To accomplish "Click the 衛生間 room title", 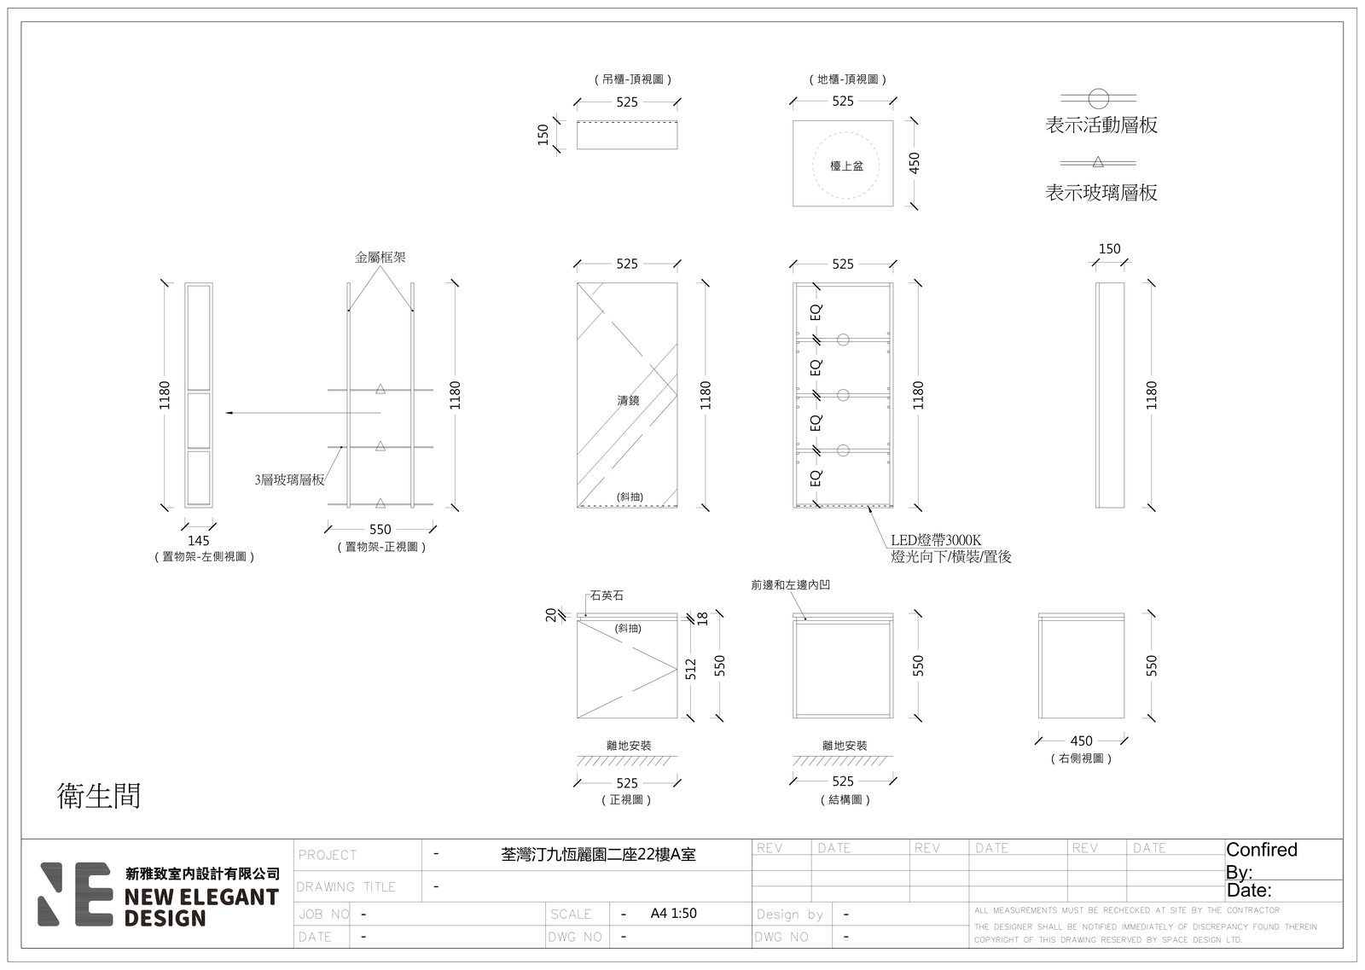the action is pyautogui.click(x=99, y=796).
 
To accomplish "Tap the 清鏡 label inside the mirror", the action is pyautogui.click(x=628, y=400).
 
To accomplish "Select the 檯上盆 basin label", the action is pyautogui.click(x=846, y=166).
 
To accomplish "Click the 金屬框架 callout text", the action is pyautogui.click(x=380, y=257).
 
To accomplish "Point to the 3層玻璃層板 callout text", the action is pyautogui.click(x=289, y=479).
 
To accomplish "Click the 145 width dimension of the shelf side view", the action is pyautogui.click(x=198, y=540).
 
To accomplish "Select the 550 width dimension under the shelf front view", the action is pyautogui.click(x=380, y=530).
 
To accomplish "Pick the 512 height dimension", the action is pyautogui.click(x=690, y=669).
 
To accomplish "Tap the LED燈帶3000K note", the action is pyautogui.click(x=936, y=540).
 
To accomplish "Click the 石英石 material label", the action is pyautogui.click(x=607, y=595).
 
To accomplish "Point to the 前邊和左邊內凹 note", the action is pyautogui.click(x=790, y=585).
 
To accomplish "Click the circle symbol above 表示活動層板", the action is pyautogui.click(x=1099, y=98).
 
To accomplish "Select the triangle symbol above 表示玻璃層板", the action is pyautogui.click(x=1098, y=162).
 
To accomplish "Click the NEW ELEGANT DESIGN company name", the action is pyautogui.click(x=201, y=907).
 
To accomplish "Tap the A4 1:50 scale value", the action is pyautogui.click(x=673, y=914).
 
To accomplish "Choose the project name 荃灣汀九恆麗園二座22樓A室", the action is pyautogui.click(x=598, y=855).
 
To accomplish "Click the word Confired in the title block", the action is pyautogui.click(x=1262, y=850).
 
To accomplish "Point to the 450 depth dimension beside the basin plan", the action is pyautogui.click(x=914, y=163).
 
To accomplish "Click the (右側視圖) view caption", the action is pyautogui.click(x=1082, y=758).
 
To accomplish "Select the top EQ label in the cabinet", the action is pyautogui.click(x=816, y=312).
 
